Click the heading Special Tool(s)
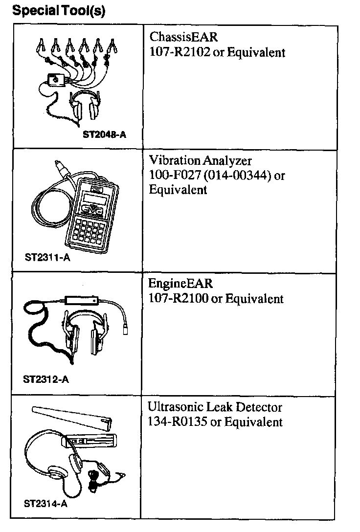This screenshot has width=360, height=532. (58, 10)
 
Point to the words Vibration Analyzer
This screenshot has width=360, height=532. (201, 161)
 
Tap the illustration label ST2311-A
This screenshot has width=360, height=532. (47, 257)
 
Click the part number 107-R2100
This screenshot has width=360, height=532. (179, 298)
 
